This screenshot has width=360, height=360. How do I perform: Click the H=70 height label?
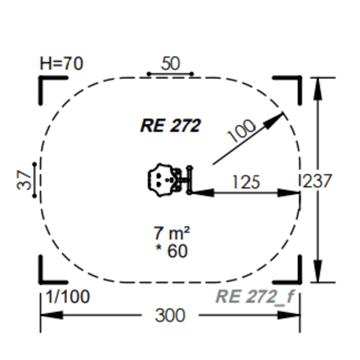tap(61, 64)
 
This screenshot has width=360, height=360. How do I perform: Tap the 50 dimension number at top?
tap(170, 64)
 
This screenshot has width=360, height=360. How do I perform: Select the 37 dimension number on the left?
tap(24, 180)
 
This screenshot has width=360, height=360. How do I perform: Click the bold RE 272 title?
tap(171, 125)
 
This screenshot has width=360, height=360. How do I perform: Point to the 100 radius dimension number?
tap(242, 131)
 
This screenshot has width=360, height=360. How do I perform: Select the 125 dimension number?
tap(247, 182)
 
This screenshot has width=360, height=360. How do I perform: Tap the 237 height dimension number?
tap(317, 180)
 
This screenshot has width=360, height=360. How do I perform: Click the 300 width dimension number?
tap(170, 315)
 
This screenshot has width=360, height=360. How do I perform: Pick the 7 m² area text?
tap(172, 233)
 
